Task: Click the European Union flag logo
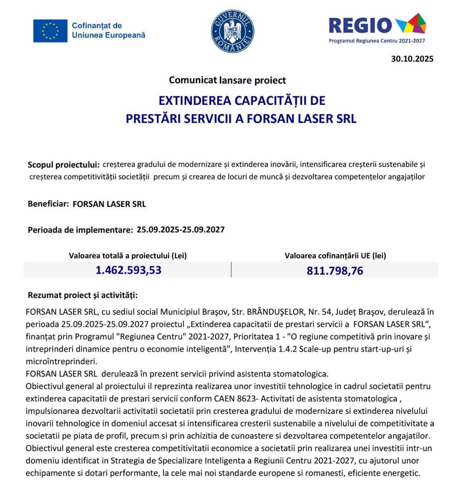(50, 31)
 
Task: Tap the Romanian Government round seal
(233, 31)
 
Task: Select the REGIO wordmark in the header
(360, 25)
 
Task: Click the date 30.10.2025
(412, 59)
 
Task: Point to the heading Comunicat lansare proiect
(227, 80)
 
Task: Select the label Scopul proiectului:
(63, 165)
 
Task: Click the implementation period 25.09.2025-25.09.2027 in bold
(180, 230)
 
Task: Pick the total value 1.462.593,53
(128, 270)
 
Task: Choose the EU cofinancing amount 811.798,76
(335, 271)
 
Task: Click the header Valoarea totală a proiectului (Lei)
(128, 256)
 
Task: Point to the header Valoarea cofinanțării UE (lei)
(335, 256)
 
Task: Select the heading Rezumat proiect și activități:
(83, 295)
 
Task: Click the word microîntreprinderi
(61, 361)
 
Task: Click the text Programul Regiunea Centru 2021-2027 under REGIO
(377, 41)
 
